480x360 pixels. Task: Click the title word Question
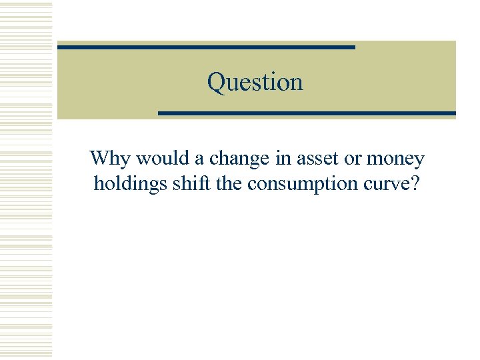[255, 82]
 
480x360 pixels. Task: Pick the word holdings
[131, 184]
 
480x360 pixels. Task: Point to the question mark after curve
[416, 183]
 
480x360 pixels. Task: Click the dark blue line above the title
[206, 47]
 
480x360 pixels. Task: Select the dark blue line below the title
[307, 113]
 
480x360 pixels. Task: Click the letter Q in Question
[215, 82]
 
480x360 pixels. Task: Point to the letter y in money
[418, 161]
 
